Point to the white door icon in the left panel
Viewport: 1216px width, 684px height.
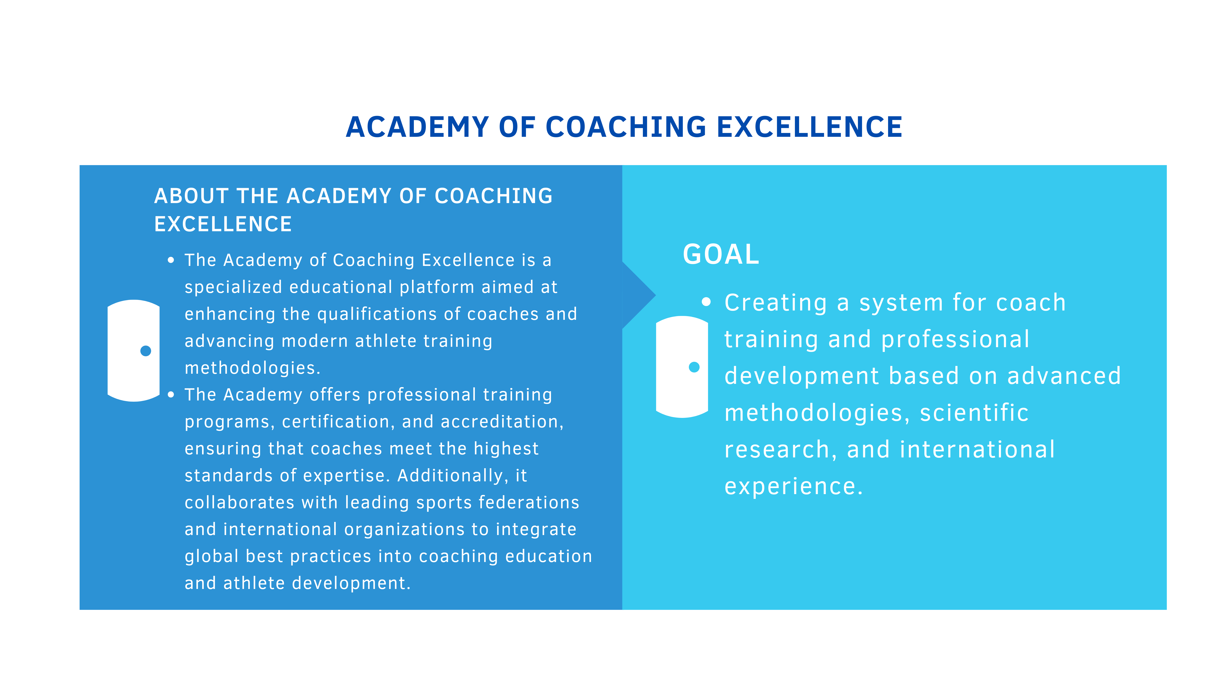[x=134, y=351]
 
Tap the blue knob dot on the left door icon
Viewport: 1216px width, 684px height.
[x=146, y=351]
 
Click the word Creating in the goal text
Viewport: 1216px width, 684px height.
[x=776, y=303]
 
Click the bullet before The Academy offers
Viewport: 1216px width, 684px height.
[x=171, y=395]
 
